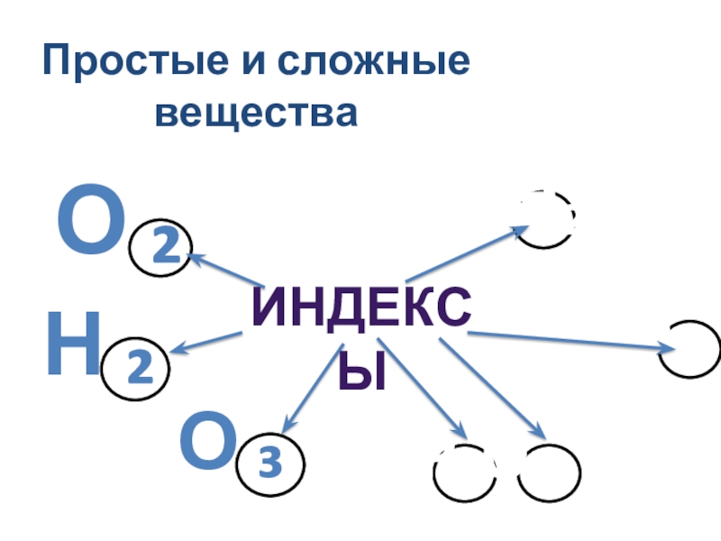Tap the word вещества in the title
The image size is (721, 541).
click(257, 114)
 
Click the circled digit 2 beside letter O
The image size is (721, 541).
click(161, 247)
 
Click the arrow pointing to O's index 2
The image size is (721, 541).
click(225, 270)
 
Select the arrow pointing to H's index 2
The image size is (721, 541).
click(206, 343)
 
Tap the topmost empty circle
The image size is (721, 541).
click(546, 219)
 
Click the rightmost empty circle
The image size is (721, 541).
click(689, 350)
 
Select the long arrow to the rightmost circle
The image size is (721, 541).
click(568, 341)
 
